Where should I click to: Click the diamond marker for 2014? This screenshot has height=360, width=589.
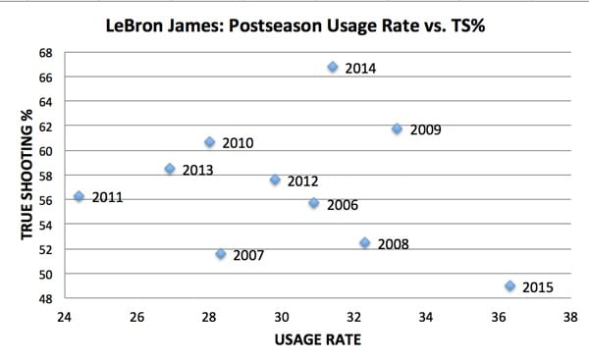point(333,67)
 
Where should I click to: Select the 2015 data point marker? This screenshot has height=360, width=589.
point(509,286)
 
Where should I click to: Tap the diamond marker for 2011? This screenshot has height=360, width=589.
point(80,196)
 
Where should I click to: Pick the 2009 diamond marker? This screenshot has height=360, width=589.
point(397,129)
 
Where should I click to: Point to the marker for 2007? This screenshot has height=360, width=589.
point(221,254)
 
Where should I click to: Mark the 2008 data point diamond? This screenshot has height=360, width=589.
point(364,242)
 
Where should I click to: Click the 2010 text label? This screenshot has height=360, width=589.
point(238,143)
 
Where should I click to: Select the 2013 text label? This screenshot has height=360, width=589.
point(197,170)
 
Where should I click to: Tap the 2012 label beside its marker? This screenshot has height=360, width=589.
point(302,181)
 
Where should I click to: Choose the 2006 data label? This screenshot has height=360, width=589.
point(342,205)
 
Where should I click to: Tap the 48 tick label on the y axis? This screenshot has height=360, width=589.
point(46,298)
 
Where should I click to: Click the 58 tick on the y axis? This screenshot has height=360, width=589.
point(46,176)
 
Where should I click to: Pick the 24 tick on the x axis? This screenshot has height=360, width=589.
point(64,317)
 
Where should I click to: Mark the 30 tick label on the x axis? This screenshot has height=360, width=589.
point(281,317)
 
